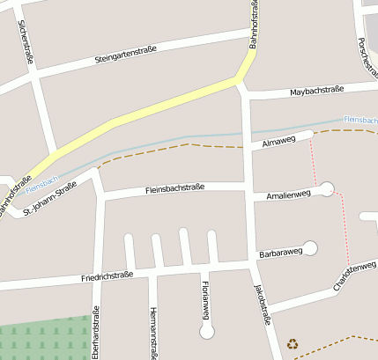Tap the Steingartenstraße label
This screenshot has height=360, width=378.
[125, 55]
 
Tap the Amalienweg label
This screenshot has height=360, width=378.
[283, 195]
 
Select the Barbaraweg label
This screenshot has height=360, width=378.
[281, 253]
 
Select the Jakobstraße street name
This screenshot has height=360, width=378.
[261, 305]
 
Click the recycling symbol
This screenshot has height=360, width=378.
[293, 344]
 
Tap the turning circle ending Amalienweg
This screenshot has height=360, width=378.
[327, 187]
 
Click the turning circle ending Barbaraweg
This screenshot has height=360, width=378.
[310, 247]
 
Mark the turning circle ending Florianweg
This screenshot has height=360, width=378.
[207, 331]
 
